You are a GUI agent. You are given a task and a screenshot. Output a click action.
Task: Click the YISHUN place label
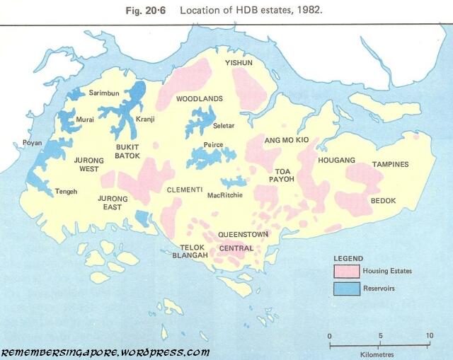coord(239,63)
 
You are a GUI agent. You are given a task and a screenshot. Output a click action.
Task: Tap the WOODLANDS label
coord(200,98)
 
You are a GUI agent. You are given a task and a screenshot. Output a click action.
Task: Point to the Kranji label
coord(144,119)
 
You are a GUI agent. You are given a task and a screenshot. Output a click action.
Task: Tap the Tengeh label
coord(67,192)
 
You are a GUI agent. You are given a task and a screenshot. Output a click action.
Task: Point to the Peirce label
coord(213,145)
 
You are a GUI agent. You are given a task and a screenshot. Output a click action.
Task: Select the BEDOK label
coord(383,201)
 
